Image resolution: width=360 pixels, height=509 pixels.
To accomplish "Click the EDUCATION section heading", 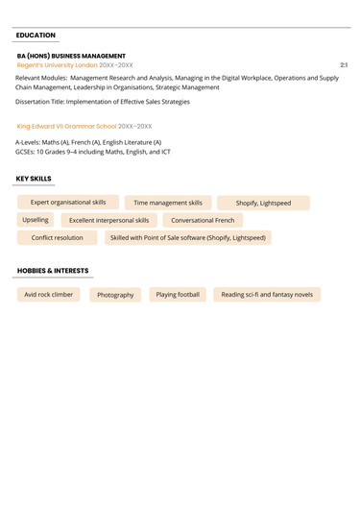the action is (x=36, y=36).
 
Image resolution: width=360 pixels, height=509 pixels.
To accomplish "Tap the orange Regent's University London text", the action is (x=58, y=64).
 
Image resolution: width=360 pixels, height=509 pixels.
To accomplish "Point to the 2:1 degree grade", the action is (x=344, y=64).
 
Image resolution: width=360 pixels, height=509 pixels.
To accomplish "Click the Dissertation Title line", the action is (x=103, y=101).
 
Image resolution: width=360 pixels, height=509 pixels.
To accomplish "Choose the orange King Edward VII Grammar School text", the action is (x=66, y=126).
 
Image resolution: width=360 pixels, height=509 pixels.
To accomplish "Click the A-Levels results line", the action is (x=88, y=142).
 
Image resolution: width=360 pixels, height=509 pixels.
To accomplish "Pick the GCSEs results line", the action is (x=93, y=152).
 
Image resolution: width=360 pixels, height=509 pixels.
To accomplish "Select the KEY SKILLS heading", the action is (x=35, y=179).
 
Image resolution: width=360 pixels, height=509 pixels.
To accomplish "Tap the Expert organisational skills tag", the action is (x=68, y=203).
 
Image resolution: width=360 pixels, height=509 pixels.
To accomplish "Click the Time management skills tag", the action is (x=168, y=203).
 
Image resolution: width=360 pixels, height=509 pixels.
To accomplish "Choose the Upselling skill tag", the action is (x=36, y=220).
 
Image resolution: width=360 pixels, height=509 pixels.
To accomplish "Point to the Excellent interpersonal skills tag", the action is (x=108, y=220).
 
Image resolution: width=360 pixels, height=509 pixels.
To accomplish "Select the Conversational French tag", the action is (x=203, y=220).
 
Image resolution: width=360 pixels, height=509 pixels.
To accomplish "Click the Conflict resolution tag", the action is (x=58, y=237).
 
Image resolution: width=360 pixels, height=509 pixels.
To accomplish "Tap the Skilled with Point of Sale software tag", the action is (x=187, y=237).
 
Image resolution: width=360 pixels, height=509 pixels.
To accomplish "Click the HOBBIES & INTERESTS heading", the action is (x=53, y=271).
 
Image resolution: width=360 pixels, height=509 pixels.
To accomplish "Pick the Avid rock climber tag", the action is (x=49, y=295).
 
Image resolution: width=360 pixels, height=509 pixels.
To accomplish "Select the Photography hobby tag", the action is (x=115, y=295).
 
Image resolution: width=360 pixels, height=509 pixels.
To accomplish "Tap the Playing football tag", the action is (x=178, y=295).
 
